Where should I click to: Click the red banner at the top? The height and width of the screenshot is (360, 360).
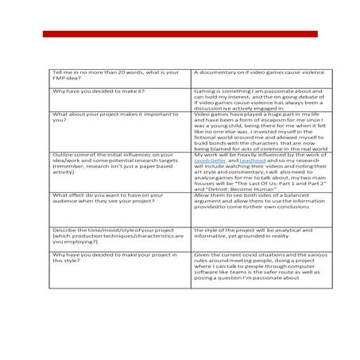[180, 33]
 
